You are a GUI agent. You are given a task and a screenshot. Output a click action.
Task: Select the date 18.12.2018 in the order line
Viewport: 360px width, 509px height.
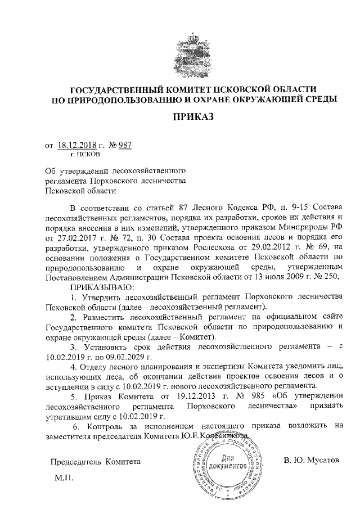(76, 145)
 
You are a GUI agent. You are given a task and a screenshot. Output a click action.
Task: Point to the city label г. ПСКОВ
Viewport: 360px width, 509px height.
(84, 154)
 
